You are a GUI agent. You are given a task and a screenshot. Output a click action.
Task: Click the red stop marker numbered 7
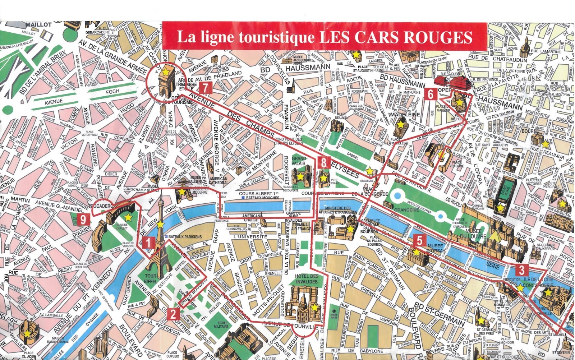point(205,88)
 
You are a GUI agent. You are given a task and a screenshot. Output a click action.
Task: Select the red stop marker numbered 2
point(173,314)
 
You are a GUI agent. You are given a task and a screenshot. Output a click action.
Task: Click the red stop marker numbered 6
point(431,94)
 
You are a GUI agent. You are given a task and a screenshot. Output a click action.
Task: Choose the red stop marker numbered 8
point(324,162)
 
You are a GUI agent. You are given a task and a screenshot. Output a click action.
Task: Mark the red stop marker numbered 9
point(83,219)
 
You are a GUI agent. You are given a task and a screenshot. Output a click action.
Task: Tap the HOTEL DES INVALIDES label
point(307,279)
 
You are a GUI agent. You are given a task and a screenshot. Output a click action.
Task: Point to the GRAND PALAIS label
point(299,161)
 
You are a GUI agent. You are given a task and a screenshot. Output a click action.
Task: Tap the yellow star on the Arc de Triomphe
point(165,72)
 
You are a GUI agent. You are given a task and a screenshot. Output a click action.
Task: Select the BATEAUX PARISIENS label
point(185,237)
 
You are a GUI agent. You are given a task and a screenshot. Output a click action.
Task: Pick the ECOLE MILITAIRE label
point(222,324)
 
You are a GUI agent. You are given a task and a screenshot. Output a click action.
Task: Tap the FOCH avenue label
point(112,92)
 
